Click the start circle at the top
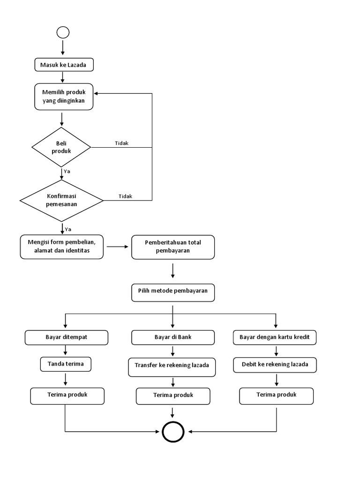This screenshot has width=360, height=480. tap(63, 32)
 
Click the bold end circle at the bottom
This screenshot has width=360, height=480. tap(173, 431)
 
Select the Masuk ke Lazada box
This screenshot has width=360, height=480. tap(64, 65)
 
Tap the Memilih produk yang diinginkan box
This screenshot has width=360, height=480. tap(64, 97)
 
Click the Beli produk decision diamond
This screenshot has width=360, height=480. tap(61, 147)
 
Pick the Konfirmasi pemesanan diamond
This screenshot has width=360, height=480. tap(61, 201)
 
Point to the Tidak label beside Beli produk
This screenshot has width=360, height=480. tap(121, 143)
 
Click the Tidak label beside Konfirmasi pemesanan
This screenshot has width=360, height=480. tap(125, 196)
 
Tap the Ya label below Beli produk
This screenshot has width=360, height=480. tap(67, 172)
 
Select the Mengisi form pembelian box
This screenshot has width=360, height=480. tap(62, 247)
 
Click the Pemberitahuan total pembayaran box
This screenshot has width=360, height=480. tap(173, 247)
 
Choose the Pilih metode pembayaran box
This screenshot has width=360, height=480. tap(173, 292)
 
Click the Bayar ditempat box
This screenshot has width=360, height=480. tap(67, 337)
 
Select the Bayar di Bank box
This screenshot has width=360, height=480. tap(173, 337)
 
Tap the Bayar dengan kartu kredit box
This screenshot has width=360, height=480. tap(275, 337)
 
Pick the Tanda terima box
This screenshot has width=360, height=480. tap(67, 364)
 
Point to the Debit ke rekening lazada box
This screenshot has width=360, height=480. tap(275, 365)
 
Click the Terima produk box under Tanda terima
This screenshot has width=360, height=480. tap(67, 396)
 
